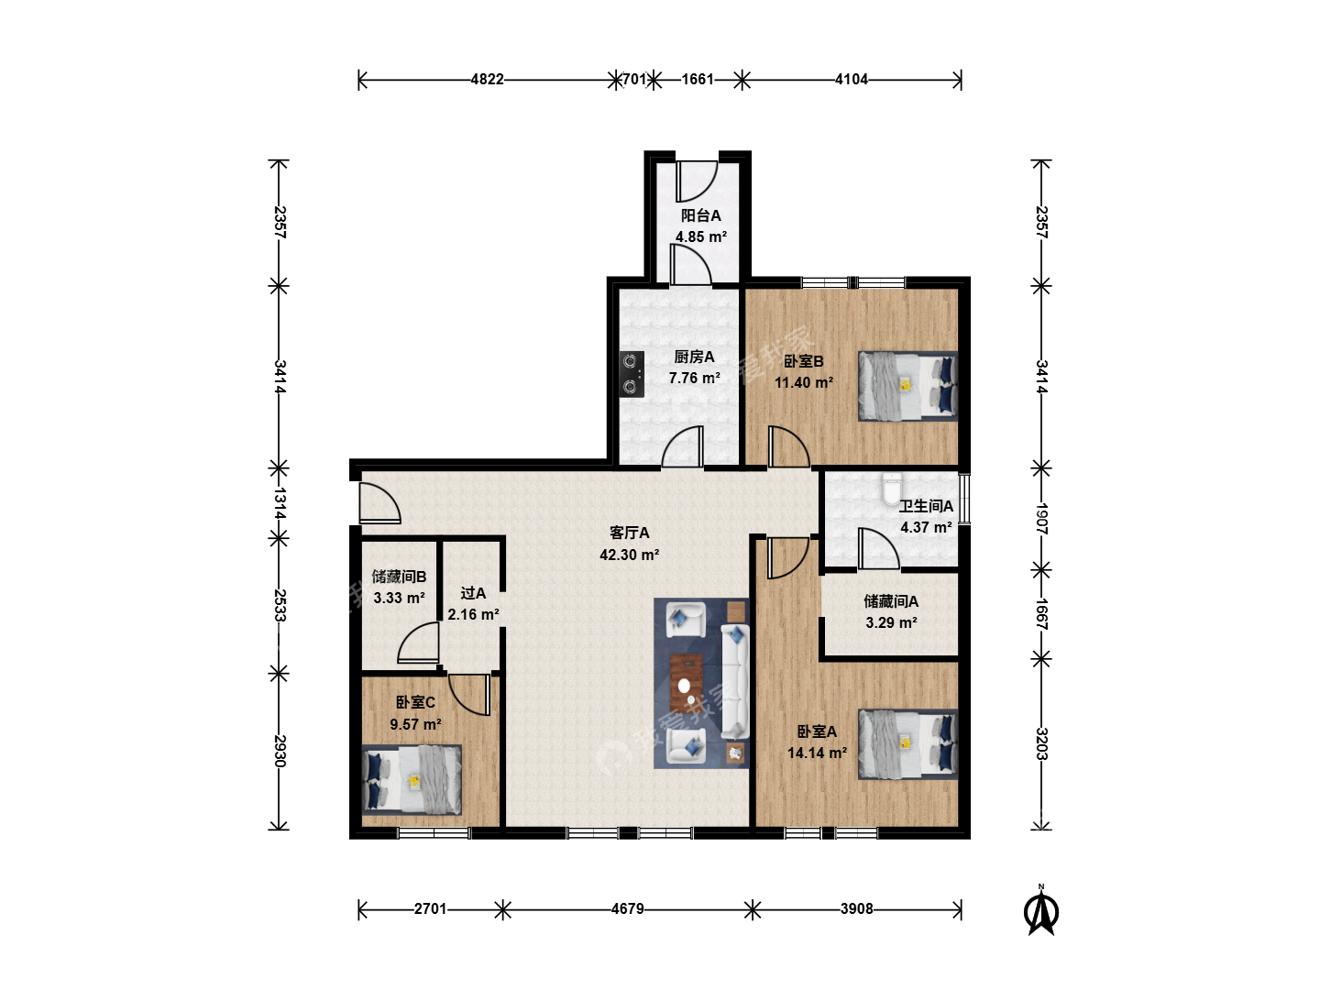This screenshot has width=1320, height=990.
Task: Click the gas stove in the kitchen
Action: pos(632,374)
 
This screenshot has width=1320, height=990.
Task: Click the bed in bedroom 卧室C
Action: pos(412,779)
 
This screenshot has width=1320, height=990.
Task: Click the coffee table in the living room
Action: pos(687,681)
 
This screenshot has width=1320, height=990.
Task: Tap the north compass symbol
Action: pos(1041,909)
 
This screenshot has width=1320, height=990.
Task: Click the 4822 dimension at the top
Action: pos(487,80)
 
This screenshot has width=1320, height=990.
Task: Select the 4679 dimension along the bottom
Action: pos(628,908)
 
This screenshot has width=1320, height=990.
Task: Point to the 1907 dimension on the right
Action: pos(1042,519)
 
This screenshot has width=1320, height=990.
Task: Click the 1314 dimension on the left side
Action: pos(280,503)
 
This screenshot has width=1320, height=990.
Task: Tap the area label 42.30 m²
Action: pos(629,555)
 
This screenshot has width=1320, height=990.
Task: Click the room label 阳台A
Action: pos(700,215)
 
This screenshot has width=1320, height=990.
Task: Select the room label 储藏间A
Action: pos(891,601)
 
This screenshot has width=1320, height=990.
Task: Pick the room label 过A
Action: pos(473,593)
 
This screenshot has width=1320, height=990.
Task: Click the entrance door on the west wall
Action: pos(379,503)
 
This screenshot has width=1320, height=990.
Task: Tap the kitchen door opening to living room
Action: pos(683,446)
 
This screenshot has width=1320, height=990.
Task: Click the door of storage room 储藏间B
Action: pos(419,643)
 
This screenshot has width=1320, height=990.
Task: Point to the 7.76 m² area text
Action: pos(695,378)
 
